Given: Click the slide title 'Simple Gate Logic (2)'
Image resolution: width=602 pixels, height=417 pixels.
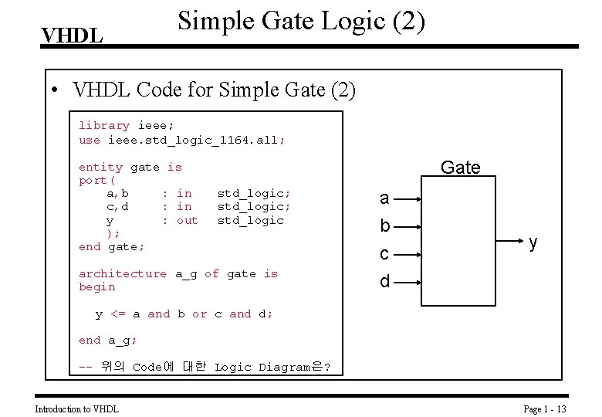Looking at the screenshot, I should click(301, 21).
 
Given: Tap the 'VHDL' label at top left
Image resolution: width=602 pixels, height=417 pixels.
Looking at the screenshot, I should click(72, 36).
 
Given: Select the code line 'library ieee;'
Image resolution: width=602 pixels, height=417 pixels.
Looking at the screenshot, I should click(126, 125).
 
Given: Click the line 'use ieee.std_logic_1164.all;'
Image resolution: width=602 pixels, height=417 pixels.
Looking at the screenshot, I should click(181, 140).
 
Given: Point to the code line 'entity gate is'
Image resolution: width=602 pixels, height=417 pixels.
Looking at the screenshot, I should click(130, 167).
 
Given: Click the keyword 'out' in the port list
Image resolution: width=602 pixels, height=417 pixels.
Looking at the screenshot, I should click(188, 220).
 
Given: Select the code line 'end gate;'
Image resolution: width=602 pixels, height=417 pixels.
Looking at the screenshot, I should click(112, 246).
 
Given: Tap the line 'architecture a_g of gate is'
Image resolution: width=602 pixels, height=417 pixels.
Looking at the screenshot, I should click(178, 273).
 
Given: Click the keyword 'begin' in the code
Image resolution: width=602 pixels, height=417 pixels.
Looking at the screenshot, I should click(97, 286).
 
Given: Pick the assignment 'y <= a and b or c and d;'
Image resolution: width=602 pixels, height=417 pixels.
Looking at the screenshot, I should click(184, 314).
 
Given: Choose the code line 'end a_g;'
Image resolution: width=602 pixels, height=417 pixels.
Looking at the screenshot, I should click(108, 340).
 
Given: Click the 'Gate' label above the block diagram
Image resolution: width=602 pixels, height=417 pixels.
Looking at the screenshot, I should click(460, 168).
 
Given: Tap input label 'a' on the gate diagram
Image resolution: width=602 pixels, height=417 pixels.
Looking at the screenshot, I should click(384, 198).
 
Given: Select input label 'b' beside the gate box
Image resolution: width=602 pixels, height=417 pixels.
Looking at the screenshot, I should click(385, 226).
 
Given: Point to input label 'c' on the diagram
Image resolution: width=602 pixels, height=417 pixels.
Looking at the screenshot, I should click(384, 254).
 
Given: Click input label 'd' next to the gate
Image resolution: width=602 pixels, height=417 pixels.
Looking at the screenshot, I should click(385, 282).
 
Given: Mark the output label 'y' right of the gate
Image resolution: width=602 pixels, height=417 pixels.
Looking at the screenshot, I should click(533, 242).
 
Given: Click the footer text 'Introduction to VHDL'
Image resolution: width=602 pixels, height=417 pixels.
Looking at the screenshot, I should click(77, 409).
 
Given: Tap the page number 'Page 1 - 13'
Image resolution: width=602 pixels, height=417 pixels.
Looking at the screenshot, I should click(545, 409).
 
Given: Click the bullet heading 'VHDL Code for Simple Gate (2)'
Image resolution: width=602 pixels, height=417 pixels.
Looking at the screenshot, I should click(214, 90).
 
